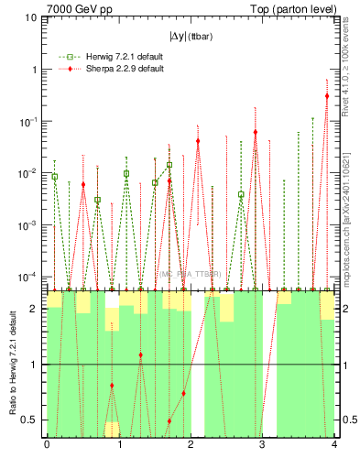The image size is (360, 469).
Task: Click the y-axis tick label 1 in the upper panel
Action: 35,70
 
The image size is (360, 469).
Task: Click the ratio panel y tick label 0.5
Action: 33,420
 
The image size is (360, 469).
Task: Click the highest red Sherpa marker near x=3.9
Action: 327,95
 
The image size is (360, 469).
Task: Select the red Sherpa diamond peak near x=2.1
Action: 198,141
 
